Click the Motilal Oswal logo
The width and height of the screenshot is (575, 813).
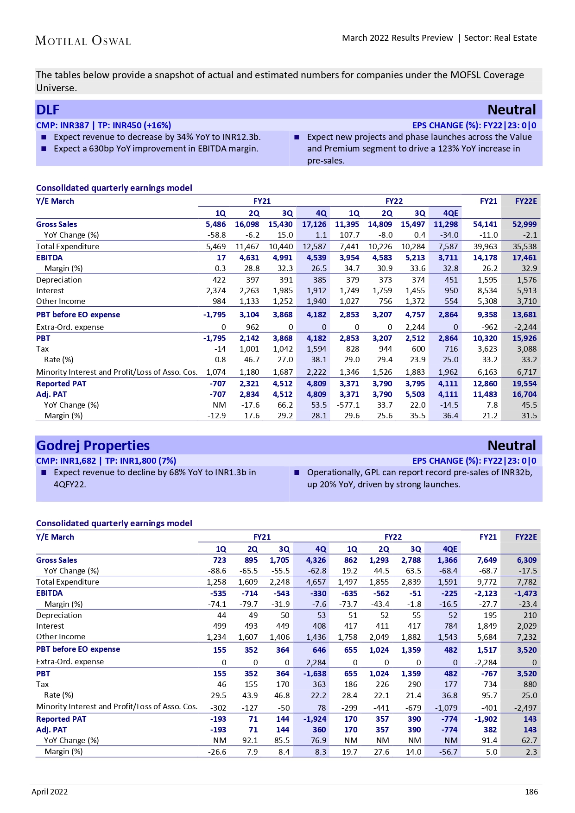(83, 41)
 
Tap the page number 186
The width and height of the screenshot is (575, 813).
(531, 792)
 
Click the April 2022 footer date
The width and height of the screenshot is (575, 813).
(50, 792)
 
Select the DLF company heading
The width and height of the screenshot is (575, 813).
(48, 110)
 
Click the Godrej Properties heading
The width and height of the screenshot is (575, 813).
(93, 446)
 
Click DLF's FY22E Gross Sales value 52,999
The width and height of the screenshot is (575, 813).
(524, 224)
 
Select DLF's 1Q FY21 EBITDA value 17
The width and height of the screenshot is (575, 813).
(221, 258)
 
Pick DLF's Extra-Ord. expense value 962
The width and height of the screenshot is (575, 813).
(252, 327)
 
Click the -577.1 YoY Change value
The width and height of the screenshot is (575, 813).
(348, 405)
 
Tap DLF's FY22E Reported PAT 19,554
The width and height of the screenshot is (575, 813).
(524, 384)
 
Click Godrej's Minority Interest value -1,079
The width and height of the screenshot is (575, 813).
(446, 708)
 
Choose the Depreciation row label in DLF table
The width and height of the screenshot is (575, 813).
(59, 280)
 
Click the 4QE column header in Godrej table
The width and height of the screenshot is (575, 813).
(449, 549)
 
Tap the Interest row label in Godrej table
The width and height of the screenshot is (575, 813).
(50, 626)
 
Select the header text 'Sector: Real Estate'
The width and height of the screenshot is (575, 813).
(500, 38)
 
